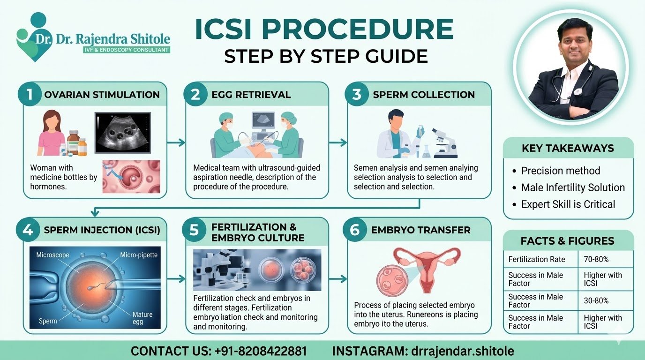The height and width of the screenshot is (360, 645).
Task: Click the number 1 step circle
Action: [30, 94]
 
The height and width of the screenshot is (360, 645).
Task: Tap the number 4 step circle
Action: [28, 230]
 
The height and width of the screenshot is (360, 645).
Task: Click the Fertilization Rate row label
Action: [537, 259]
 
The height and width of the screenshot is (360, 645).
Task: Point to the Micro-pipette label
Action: [139, 255]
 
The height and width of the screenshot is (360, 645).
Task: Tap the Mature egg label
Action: [142, 318]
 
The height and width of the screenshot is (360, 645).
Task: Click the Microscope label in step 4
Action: [52, 255]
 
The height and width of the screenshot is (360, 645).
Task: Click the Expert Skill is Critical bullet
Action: [568, 204]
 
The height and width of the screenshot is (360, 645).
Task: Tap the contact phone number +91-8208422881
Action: [261, 351]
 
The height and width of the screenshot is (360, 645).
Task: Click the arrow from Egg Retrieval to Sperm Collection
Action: [337, 142]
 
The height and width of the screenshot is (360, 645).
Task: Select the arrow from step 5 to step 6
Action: [337, 279]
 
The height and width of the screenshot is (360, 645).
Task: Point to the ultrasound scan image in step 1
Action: [122, 133]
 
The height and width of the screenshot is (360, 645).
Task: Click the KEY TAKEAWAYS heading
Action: [568, 148]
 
